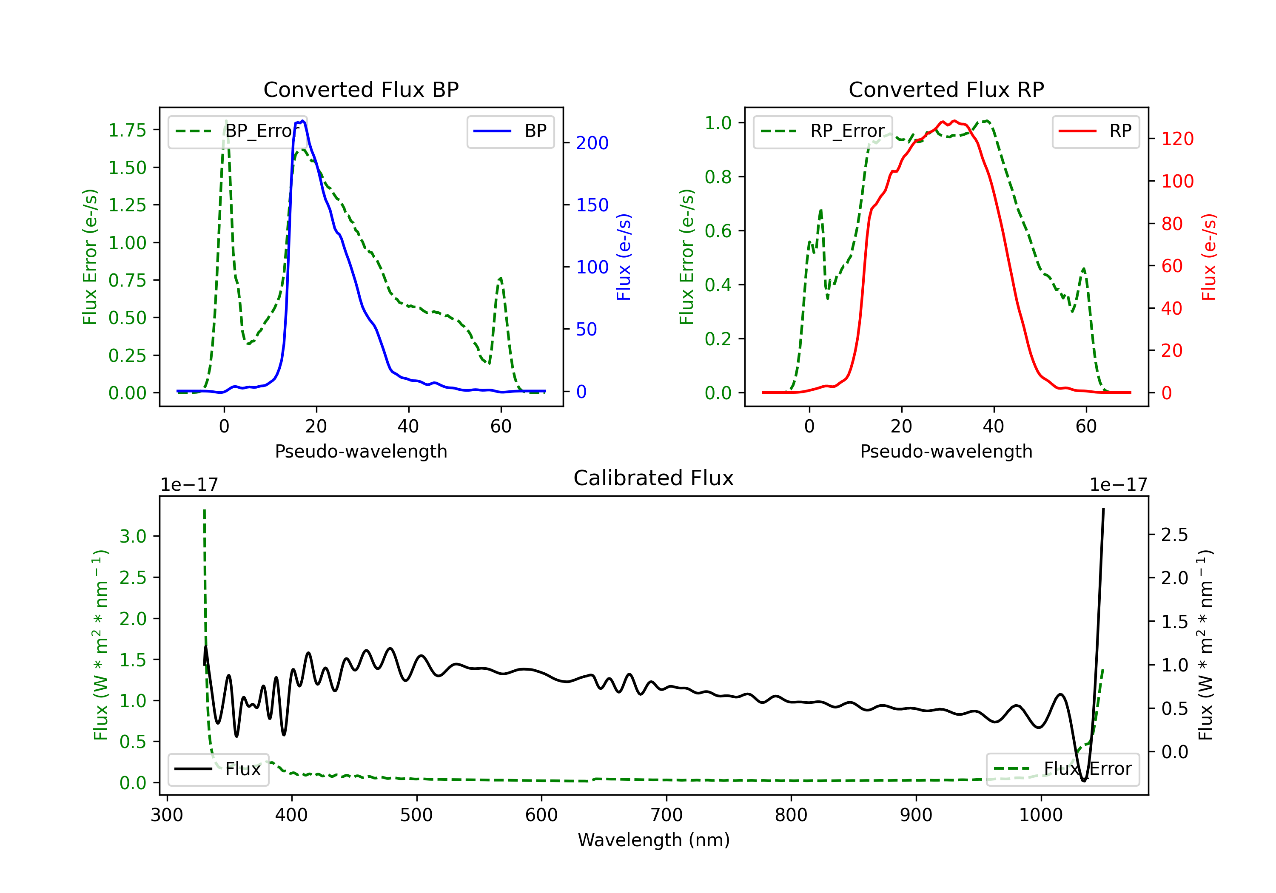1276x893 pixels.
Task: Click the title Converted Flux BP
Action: (361, 89)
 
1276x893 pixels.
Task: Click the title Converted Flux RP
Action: (946, 89)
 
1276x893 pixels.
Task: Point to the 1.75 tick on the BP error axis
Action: (127, 130)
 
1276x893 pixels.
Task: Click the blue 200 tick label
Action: (592, 143)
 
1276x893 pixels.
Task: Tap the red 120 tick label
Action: (1177, 139)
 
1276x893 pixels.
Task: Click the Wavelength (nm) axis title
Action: (654, 840)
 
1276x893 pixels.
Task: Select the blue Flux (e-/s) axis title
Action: (624, 257)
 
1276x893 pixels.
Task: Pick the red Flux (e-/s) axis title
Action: (1209, 257)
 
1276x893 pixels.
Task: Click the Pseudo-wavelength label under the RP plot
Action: (946, 451)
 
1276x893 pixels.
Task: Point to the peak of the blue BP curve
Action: (302, 121)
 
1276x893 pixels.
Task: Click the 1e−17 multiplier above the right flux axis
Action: (1118, 485)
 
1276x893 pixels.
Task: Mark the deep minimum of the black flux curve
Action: (1084, 781)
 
